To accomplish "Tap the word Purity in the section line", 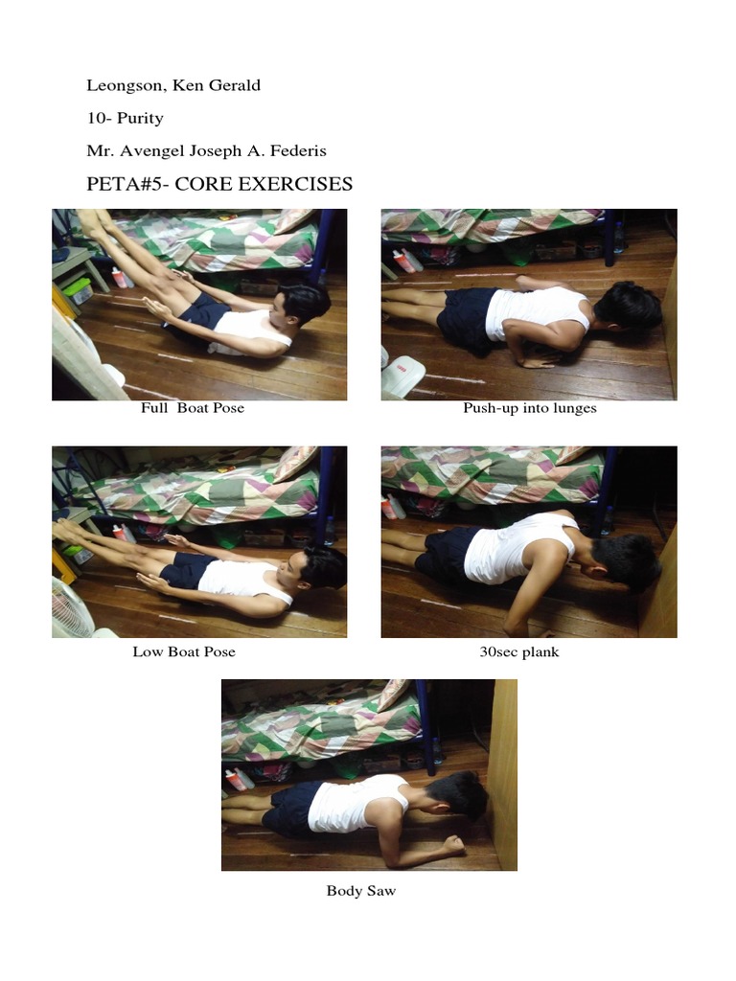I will [140, 118].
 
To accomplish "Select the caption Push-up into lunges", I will [529, 408].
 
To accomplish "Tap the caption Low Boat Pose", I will [184, 652].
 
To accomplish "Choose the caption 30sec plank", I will [518, 652].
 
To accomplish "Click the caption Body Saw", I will [360, 891].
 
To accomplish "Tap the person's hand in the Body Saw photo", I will [451, 845].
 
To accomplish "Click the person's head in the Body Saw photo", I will [460, 795].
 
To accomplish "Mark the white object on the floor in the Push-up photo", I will [402, 376].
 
